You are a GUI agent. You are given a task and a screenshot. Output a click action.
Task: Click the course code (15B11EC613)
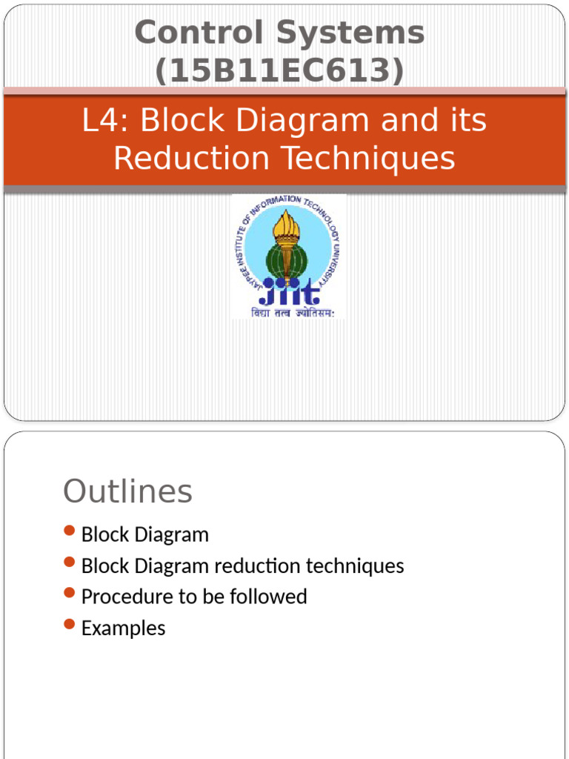(x=279, y=70)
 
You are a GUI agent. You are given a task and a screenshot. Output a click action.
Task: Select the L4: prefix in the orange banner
(x=105, y=121)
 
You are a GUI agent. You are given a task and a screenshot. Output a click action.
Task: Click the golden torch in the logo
(x=286, y=230)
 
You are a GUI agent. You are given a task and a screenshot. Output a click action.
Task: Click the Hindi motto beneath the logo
(x=288, y=314)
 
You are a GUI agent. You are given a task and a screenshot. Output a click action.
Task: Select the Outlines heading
(x=127, y=491)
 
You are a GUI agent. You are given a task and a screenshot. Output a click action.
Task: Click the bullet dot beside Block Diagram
(x=70, y=531)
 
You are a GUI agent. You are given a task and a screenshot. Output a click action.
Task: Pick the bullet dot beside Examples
(x=70, y=624)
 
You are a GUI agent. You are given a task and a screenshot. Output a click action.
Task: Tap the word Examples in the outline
(x=123, y=629)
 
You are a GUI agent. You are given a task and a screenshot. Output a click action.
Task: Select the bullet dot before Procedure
(x=70, y=593)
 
